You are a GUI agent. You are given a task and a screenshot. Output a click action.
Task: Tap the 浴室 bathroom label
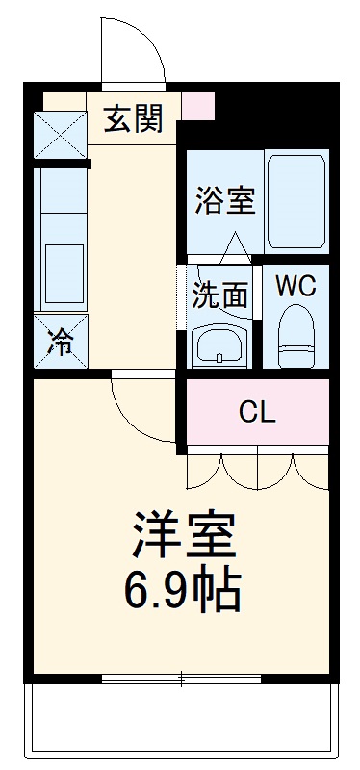223,202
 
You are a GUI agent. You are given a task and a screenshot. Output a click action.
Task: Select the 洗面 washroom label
219,294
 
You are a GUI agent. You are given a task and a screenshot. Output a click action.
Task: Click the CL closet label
257,413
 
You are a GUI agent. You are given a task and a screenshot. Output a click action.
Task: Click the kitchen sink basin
62,271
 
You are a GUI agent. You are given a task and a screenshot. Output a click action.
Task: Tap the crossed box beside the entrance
60,136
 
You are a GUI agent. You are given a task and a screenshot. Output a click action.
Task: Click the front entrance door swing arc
135,48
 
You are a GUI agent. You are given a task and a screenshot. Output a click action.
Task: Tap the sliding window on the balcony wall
182,679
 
